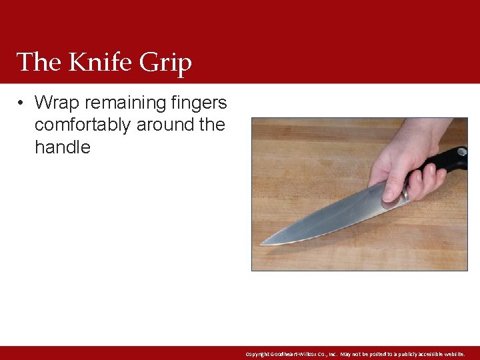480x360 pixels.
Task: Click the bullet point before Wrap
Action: [x=22, y=103]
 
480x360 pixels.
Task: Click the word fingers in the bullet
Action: [x=199, y=103]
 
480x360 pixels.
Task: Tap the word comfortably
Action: [x=82, y=125]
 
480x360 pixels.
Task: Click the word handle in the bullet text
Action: [x=62, y=147]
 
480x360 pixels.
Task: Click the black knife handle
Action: [x=447, y=160]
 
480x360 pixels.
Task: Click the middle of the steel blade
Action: [x=333, y=217]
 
